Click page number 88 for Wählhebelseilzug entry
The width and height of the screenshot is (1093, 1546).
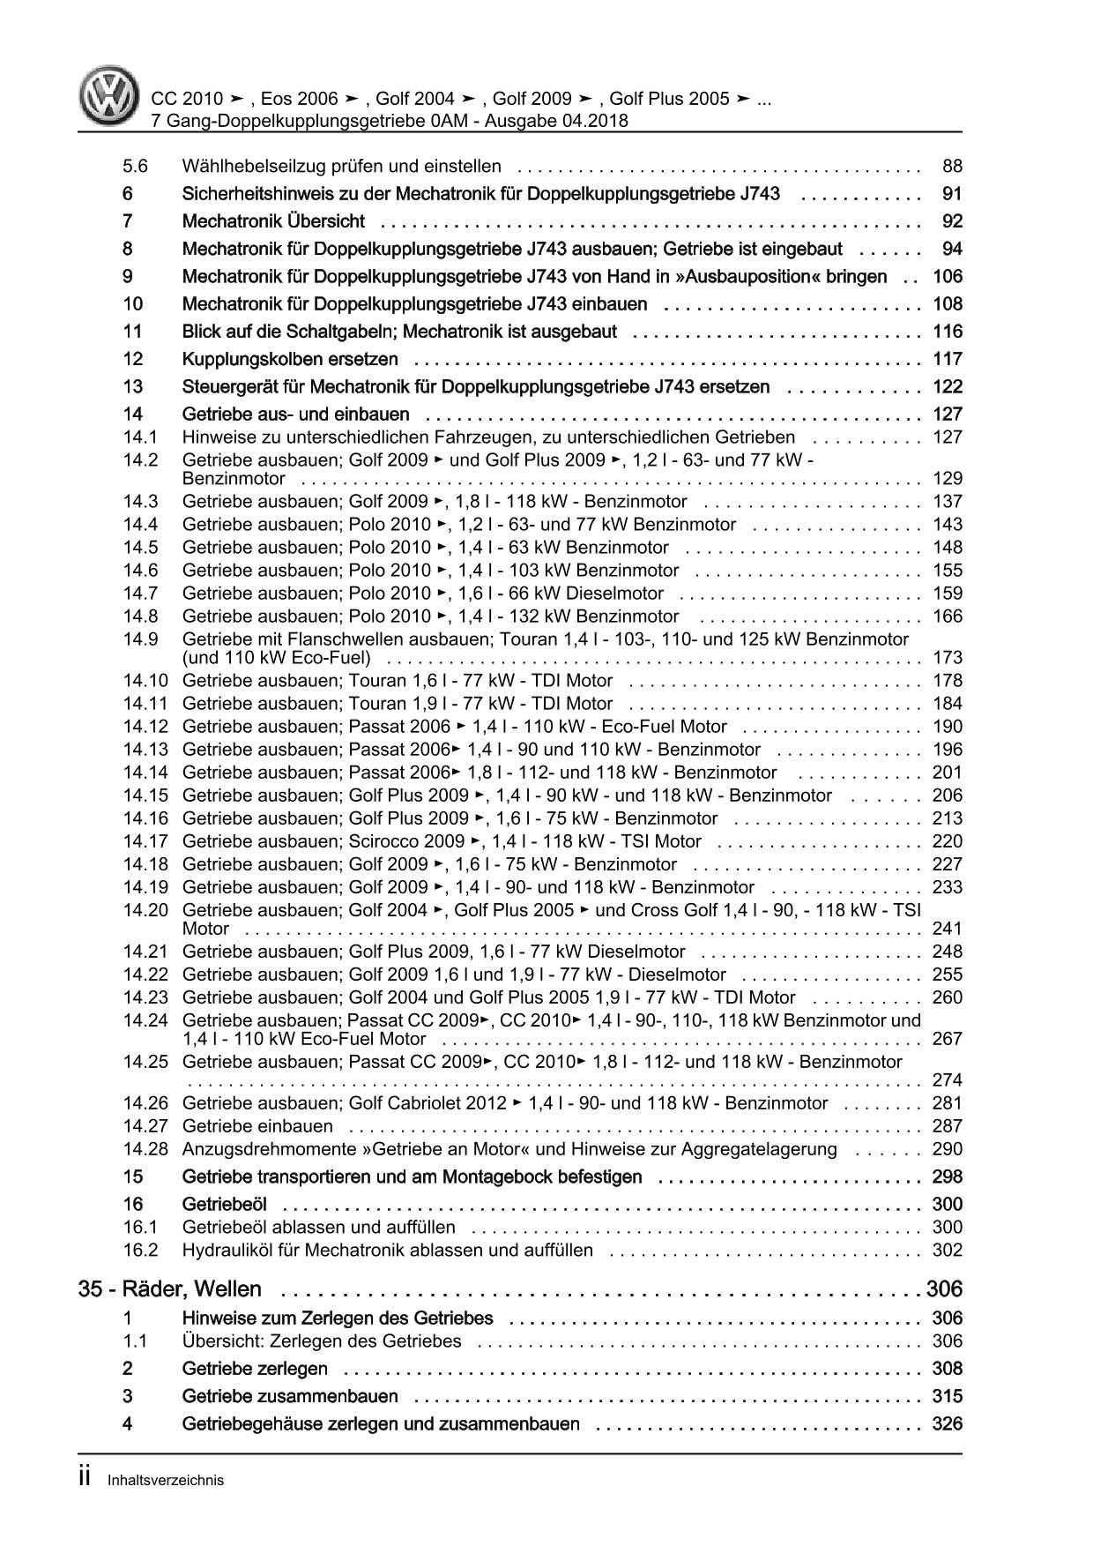(952, 166)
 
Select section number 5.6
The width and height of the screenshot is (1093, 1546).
(136, 166)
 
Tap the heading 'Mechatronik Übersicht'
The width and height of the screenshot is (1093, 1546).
(273, 221)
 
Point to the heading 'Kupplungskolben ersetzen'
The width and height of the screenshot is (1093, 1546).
(290, 359)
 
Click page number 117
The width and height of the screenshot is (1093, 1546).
(948, 359)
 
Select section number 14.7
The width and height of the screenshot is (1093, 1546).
(140, 594)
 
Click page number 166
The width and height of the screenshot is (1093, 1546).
(948, 616)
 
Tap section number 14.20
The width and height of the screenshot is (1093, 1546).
(145, 910)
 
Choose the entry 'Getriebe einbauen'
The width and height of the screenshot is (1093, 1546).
(257, 1126)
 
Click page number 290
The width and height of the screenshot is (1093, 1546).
(948, 1149)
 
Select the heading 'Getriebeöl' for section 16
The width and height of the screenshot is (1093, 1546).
(224, 1205)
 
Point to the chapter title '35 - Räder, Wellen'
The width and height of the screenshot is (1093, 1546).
(170, 1289)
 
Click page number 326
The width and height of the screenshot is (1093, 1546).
(948, 1424)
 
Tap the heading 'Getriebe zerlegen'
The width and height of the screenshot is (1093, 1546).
(255, 1369)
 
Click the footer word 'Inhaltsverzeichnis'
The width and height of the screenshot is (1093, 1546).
(166, 1481)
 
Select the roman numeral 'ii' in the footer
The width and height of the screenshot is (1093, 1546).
(86, 1479)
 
